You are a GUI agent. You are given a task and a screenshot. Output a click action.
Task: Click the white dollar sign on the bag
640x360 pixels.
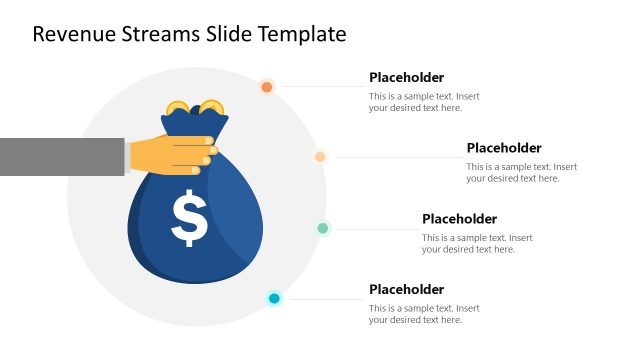pos(189,220)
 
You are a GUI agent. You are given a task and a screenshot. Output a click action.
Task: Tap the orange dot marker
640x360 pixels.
pos(267,87)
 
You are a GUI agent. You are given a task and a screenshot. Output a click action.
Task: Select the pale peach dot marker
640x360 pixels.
pos(320,157)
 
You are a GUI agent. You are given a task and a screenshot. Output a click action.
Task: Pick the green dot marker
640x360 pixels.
pos(323,228)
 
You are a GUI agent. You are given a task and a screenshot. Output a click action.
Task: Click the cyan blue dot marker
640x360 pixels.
pos(274,298)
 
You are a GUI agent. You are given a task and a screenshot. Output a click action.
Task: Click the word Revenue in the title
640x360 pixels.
pos(73,34)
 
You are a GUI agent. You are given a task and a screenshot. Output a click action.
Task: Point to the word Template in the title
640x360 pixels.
pos(302,34)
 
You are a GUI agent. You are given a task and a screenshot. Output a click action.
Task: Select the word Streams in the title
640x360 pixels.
pos(162,34)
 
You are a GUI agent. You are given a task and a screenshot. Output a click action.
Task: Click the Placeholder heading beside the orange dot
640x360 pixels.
pos(406,77)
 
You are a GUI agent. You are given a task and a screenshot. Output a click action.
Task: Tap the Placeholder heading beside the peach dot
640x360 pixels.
pos(503,148)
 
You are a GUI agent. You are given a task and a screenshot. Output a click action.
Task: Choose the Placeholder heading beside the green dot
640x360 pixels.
pos(459,219)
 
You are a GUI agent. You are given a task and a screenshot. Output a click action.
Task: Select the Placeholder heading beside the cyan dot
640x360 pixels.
pos(406,290)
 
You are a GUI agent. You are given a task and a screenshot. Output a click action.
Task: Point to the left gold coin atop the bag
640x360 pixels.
pos(178,107)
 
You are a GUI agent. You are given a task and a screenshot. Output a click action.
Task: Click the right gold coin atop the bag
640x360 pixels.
pos(211,106)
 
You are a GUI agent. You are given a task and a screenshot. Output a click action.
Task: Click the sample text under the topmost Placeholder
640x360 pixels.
pos(424,102)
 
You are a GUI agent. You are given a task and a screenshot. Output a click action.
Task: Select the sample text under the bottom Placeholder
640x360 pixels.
pos(424,314)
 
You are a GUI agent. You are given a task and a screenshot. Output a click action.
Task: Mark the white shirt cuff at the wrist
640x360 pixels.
pos(127,156)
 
